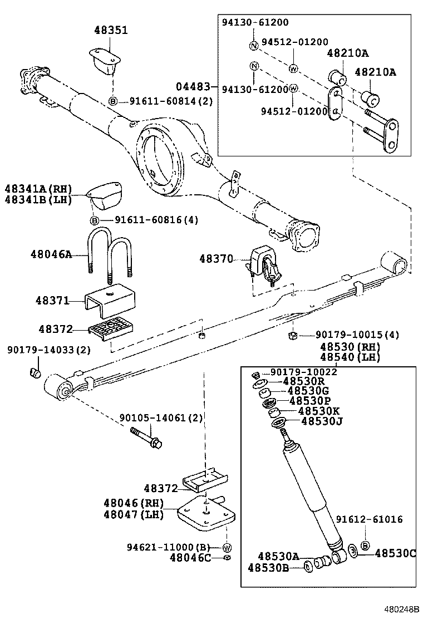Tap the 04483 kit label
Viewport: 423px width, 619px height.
pyautogui.click(x=193, y=86)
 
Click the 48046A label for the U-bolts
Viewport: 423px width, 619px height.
pyautogui.click(x=51, y=254)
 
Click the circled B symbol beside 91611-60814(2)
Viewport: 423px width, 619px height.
pyautogui.click(x=112, y=101)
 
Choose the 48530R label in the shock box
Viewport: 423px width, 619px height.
pyautogui.click(x=303, y=381)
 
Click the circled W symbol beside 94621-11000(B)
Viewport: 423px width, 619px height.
pyautogui.click(x=227, y=547)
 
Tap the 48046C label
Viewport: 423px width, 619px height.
pyautogui.click(x=190, y=558)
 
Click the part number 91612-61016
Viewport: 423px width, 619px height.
pyautogui.click(x=370, y=519)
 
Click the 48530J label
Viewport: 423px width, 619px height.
pyautogui.click(x=321, y=421)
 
